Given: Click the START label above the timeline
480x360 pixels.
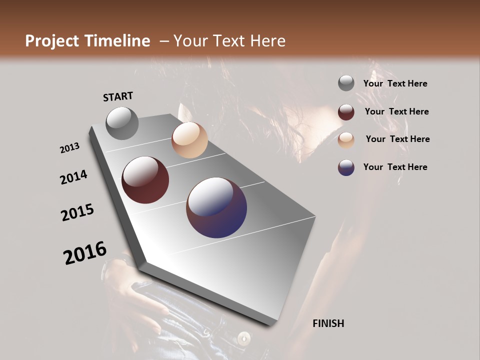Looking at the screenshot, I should [118, 96].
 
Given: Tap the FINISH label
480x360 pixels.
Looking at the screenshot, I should [328, 323].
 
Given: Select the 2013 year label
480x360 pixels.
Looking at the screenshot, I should [70, 148].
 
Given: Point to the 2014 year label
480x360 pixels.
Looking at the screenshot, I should [73, 177].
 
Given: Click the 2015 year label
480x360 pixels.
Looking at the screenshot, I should [77, 212].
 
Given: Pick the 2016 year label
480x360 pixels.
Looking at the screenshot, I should [85, 253].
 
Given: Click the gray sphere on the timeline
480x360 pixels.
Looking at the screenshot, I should [122, 123].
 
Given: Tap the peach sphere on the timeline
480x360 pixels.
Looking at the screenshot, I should [189, 140].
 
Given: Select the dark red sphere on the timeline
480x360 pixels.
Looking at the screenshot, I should [145, 180].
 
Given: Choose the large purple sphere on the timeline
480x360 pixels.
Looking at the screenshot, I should [216, 207].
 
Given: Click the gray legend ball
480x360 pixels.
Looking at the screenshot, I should [346, 83].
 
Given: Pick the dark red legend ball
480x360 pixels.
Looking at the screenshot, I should [346, 112].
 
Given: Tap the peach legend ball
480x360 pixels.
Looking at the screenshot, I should [346, 140].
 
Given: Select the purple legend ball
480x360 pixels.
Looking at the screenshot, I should [346, 167].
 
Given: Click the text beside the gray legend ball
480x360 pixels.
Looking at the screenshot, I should [395, 83].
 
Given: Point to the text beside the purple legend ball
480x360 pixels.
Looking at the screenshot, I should [395, 167].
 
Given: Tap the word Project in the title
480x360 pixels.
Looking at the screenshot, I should [51, 41].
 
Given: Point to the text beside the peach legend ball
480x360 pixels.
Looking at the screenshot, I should [397, 139].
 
